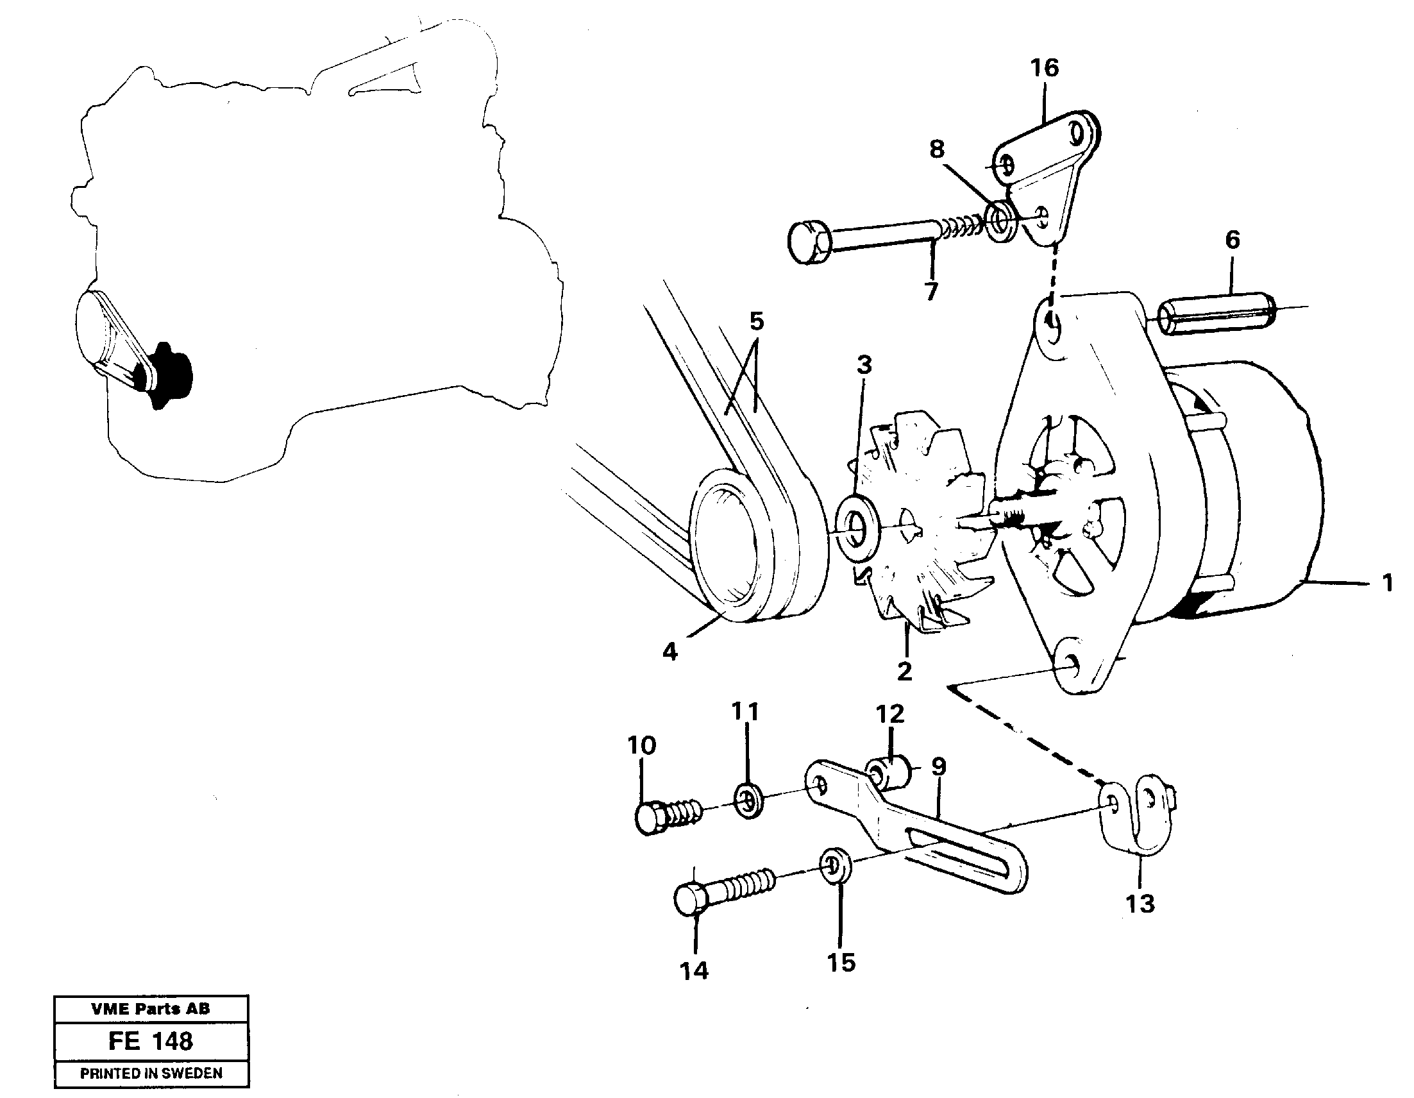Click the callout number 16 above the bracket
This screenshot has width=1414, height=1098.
click(1045, 68)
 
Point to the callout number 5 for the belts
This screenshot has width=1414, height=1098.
click(756, 322)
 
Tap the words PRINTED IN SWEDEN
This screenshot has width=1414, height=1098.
click(151, 1073)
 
